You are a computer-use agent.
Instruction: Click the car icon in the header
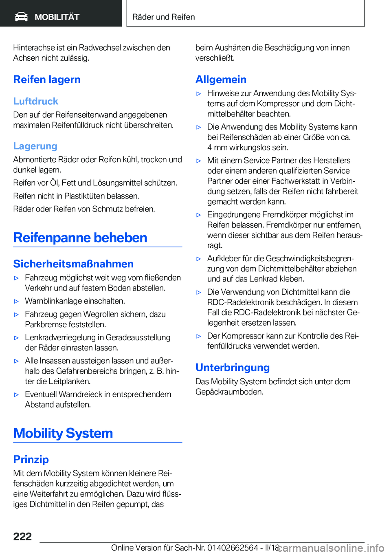[21, 17]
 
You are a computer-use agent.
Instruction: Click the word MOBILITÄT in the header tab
[57, 17]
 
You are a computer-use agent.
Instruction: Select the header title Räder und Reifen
[163, 17]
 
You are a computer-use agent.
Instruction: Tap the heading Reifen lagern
[47, 79]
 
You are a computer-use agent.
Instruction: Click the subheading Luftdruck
[36, 101]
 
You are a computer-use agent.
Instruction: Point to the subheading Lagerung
[35, 146]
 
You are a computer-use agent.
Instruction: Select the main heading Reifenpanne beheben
[80, 238]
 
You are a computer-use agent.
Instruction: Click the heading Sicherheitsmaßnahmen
[73, 264]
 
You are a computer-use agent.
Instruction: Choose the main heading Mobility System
[63, 433]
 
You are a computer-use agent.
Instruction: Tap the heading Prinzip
[31, 459]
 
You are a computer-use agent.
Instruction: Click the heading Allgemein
[221, 79]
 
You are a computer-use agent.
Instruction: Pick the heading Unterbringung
[233, 368]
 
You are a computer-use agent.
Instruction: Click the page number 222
[22, 536]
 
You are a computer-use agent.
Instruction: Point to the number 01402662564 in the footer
[233, 548]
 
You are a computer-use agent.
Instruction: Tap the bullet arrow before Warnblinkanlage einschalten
[17, 302]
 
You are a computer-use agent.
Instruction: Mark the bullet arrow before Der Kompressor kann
[199, 336]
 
